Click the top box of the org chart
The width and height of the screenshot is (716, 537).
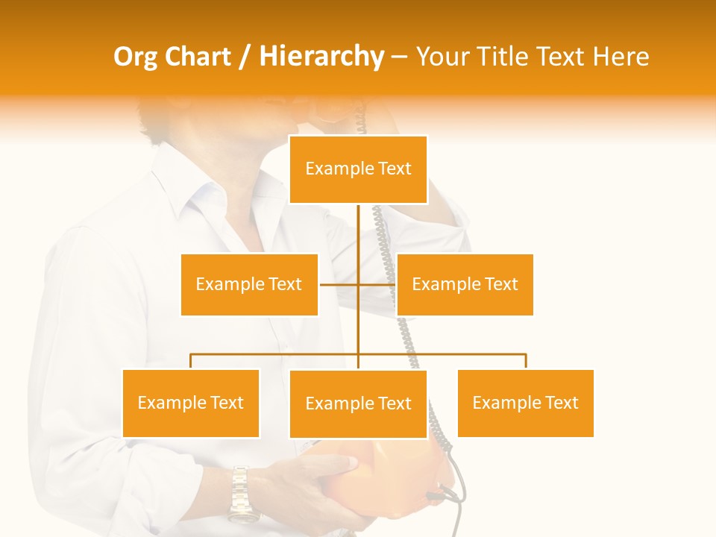(x=358, y=169)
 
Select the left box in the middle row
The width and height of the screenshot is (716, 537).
(x=249, y=284)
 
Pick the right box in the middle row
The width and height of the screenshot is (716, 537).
(x=465, y=284)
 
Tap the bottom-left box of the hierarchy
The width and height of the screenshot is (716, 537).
(x=191, y=403)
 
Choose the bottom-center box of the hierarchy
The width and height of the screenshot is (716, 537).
(x=358, y=403)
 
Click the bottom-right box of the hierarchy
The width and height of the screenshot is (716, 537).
(x=525, y=403)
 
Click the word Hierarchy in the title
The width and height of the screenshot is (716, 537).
(x=321, y=57)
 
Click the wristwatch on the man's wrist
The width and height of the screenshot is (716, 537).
(x=241, y=492)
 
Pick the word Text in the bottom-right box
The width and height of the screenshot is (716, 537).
(x=561, y=403)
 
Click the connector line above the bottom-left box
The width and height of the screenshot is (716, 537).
(x=191, y=361)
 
